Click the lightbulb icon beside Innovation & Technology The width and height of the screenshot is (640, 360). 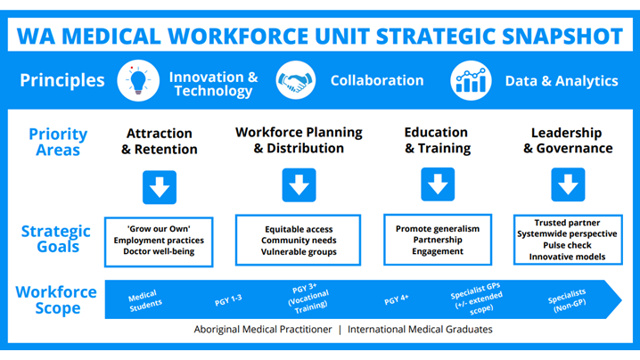point(138,80)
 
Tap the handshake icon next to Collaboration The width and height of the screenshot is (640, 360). point(296,80)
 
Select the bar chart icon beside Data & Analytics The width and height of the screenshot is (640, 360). point(471,80)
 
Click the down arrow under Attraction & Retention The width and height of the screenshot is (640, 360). point(160,187)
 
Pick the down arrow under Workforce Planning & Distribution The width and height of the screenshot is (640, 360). point(299,184)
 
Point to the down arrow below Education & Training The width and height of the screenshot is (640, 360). point(438,184)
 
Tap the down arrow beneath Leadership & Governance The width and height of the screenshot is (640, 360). point(568,184)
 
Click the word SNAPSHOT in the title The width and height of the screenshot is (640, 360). point(562,36)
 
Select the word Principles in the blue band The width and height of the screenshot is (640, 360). point(62,80)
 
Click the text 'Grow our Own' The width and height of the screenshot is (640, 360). point(159,229)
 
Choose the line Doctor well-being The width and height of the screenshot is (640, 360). point(159,251)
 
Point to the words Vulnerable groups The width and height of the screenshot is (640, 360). point(299,252)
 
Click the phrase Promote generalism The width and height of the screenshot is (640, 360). point(438,229)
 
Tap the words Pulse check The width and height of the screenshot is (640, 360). point(567,245)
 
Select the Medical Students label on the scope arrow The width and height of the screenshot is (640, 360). point(145,300)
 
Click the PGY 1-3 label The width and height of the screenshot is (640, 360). point(228,300)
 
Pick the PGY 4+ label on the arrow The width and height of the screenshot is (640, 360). point(397,299)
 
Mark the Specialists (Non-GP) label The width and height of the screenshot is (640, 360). point(568,300)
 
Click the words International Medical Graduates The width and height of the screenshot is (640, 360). point(420,330)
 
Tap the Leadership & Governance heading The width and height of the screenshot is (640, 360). point(567,141)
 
